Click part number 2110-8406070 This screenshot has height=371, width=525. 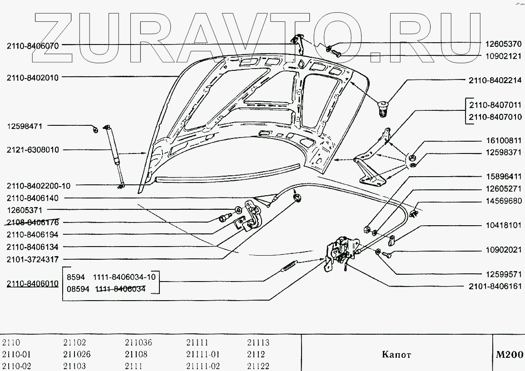[x=33, y=45]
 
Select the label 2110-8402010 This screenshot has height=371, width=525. [x=33, y=77]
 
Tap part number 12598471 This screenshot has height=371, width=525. [x=25, y=126]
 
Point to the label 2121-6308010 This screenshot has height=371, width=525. [x=33, y=150]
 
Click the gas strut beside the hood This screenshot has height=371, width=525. [x=114, y=154]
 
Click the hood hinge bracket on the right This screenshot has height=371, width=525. [x=372, y=159]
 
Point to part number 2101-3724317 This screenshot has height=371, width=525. [x=33, y=259]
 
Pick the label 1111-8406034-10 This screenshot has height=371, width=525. [x=124, y=277]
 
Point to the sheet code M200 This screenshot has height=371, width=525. [x=509, y=355]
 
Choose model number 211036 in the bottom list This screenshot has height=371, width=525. [x=139, y=343]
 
